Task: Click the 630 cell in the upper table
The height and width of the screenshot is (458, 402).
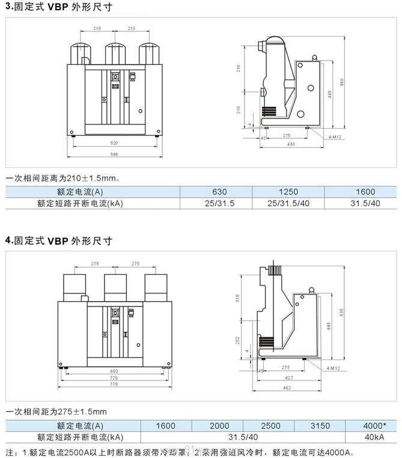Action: pyautogui.click(x=219, y=192)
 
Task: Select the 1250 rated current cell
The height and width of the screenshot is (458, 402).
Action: pyautogui.click(x=289, y=192)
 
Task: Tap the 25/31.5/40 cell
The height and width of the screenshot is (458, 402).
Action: pyautogui.click(x=289, y=203)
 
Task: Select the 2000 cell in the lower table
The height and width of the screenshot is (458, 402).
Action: pyautogui.click(x=219, y=426)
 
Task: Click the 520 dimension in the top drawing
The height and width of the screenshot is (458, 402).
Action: pyautogui.click(x=114, y=143)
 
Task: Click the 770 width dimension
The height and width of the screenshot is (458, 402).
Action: pyautogui.click(x=114, y=383)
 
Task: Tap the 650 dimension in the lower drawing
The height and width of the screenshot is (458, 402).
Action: pyautogui.click(x=114, y=371)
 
